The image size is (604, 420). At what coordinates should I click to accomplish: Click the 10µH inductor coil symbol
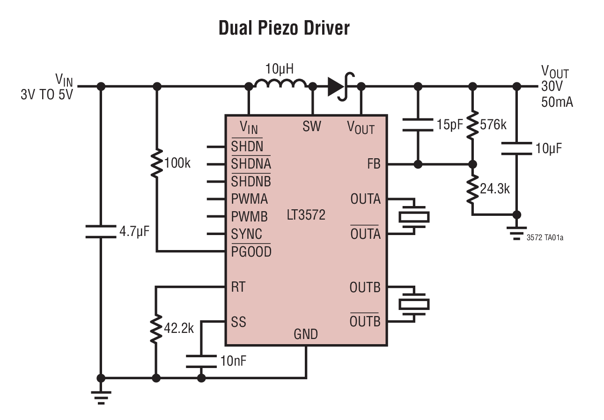280,84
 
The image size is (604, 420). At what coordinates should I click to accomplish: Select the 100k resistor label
177,163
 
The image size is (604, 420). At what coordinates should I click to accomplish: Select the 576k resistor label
494,125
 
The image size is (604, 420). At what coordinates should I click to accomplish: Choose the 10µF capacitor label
549,148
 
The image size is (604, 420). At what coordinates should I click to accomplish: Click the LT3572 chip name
306,215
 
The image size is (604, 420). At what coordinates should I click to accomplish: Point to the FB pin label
374,164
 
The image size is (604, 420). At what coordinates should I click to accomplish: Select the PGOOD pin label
251,252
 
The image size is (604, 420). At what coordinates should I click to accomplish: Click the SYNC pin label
247,234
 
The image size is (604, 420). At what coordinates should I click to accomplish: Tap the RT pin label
238,287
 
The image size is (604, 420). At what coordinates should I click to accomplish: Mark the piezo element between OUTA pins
413,216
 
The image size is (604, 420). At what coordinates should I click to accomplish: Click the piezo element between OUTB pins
413,304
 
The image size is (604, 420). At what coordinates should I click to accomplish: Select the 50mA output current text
557,102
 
